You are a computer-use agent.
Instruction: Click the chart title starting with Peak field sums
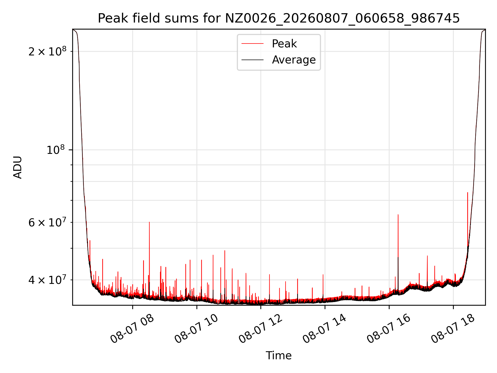tap(279, 18)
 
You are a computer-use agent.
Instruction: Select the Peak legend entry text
tap(284, 44)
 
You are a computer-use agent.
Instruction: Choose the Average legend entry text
tap(294, 60)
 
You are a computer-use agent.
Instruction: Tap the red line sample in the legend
tap(252, 44)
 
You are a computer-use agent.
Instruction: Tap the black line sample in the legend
tap(252, 60)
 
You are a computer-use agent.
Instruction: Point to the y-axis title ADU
tap(18, 167)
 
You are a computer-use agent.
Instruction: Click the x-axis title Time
tap(279, 356)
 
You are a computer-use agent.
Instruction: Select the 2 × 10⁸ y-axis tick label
tap(47, 51)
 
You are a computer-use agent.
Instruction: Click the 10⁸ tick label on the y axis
tap(56, 150)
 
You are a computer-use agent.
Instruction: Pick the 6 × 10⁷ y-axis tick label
tap(47, 222)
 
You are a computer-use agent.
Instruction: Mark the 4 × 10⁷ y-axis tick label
tap(47, 280)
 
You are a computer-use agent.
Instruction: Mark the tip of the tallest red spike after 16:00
tap(398, 214)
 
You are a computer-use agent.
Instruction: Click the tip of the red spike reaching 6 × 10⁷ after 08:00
tap(149, 222)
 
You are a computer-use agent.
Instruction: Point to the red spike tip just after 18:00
tap(467, 192)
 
